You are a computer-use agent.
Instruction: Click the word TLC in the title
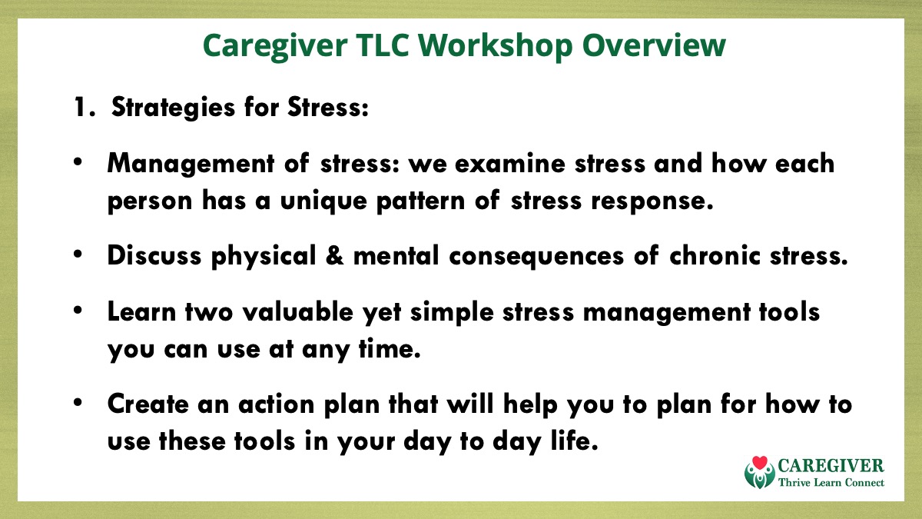pyautogui.click(x=383, y=45)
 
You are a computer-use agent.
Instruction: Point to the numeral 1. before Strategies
pyautogui.click(x=85, y=108)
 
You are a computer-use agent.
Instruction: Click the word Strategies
pyautogui.click(x=174, y=108)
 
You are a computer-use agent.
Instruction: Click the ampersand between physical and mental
pyautogui.click(x=334, y=255)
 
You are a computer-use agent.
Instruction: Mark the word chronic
pyautogui.click(x=715, y=255)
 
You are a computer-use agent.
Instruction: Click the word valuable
pyautogui.click(x=297, y=311)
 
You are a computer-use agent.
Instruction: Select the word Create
pyautogui.click(x=148, y=404)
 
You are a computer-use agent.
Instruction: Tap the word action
pyautogui.click(x=277, y=404)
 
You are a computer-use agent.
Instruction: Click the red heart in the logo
pyautogui.click(x=760, y=463)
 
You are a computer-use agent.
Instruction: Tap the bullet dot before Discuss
pyautogui.click(x=78, y=255)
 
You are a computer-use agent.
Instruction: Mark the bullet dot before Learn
pyautogui.click(x=78, y=310)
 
